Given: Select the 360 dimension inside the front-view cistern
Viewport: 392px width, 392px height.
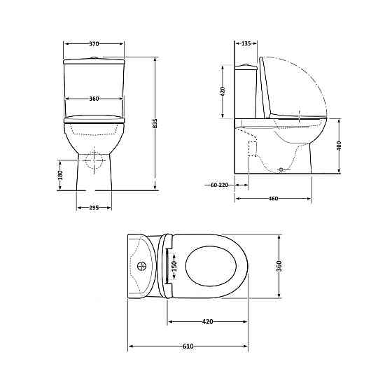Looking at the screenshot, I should [94, 98].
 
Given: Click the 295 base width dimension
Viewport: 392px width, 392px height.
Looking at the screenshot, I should [94, 207].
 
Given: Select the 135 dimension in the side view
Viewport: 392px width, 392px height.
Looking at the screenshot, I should [245, 43].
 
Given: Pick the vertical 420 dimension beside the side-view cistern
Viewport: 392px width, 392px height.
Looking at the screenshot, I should [223, 91].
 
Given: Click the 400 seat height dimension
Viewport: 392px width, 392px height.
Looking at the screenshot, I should [339, 146].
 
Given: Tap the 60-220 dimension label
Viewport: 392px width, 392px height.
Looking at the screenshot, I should [219, 185].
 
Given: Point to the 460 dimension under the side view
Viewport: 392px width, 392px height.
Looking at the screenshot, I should [274, 199].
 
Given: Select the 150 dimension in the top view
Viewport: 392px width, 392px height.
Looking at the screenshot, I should [175, 265].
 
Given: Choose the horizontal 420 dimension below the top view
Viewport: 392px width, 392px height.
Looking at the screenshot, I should [207, 322].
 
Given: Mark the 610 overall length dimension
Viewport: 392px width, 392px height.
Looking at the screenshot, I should [188, 346].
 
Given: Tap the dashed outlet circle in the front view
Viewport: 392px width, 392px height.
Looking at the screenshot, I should [93, 160].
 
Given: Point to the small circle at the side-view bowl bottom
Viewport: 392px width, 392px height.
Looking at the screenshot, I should [282, 169].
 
